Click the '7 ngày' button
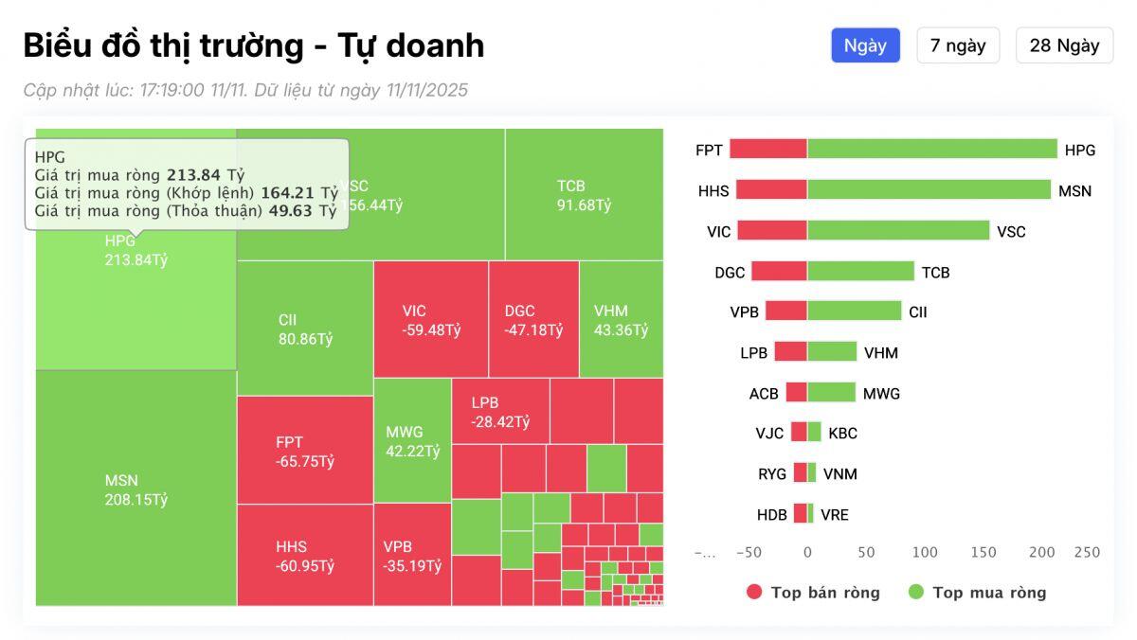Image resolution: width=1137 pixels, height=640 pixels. [x=957, y=45]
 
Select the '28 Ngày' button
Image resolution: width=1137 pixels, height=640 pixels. [x=1064, y=45]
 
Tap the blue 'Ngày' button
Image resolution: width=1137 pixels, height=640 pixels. [x=865, y=45]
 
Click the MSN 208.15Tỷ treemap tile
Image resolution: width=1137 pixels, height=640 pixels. [x=135, y=489]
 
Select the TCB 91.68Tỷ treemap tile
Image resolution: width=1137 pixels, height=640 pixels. [x=584, y=194]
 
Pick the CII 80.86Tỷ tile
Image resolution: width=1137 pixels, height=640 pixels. [x=304, y=329]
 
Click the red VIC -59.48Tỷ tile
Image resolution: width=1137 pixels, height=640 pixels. [x=430, y=320]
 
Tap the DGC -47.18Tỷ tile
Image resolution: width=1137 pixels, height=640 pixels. [x=532, y=320]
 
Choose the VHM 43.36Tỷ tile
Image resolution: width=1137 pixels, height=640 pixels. [x=621, y=320]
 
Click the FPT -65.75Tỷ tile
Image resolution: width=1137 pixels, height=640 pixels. [x=304, y=451]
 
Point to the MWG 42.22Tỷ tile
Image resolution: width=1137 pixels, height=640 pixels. [x=412, y=441]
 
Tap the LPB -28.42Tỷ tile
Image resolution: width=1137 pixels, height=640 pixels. [x=499, y=411]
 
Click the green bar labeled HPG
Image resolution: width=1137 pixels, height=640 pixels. [x=931, y=150]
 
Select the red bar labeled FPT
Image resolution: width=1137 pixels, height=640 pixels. [x=768, y=150]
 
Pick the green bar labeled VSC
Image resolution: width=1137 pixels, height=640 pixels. [x=897, y=231]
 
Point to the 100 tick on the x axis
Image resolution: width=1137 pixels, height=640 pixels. [x=924, y=552]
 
